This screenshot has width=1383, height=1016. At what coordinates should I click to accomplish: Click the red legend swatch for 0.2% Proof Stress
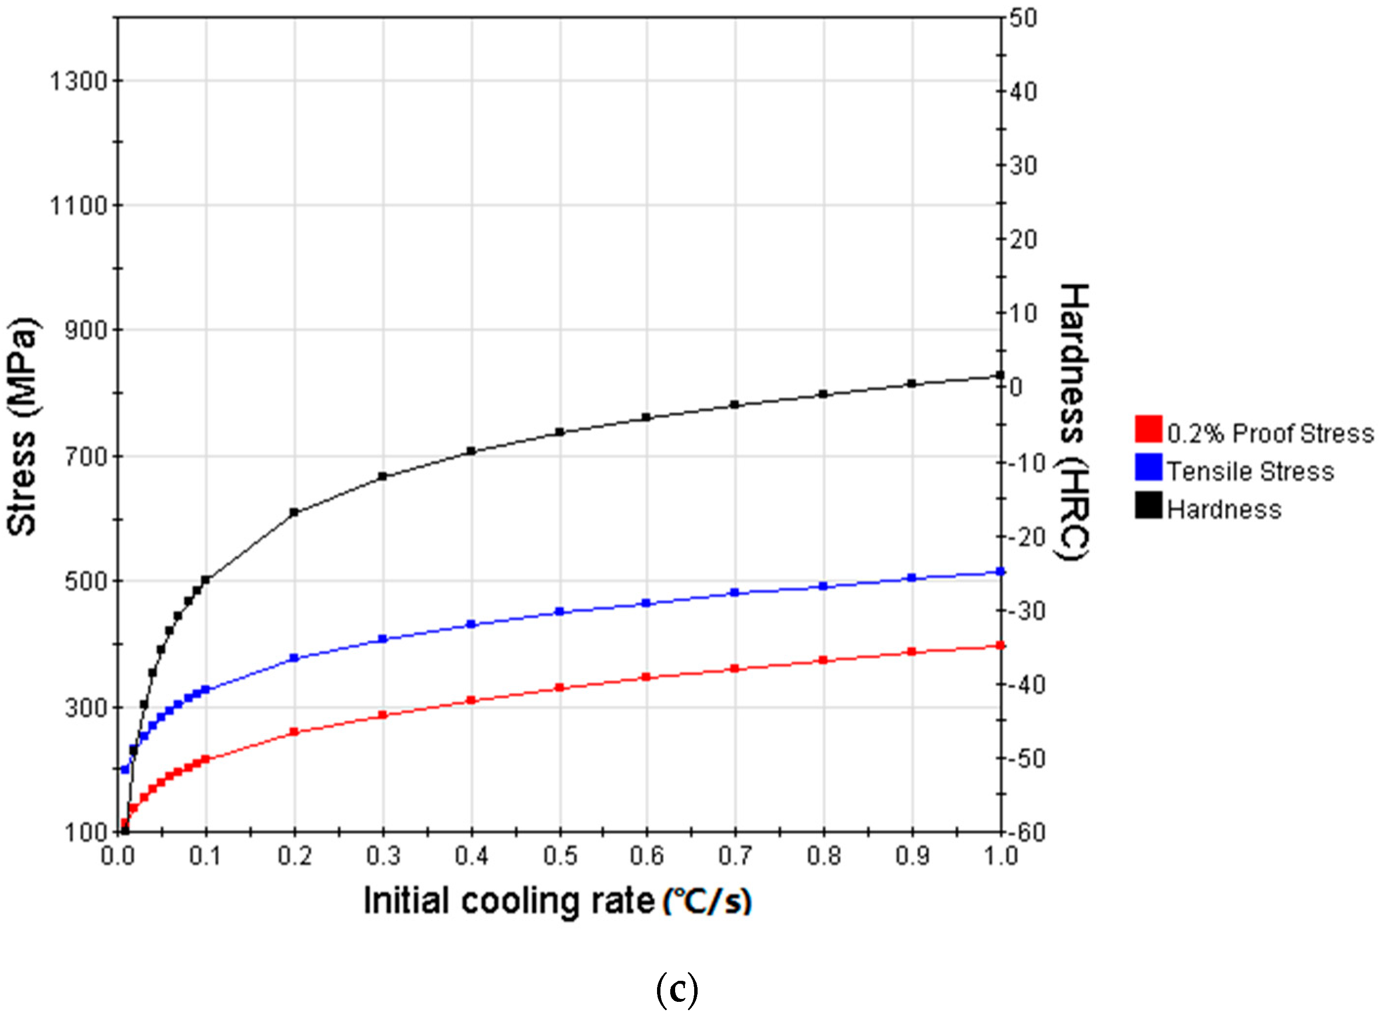click(1148, 429)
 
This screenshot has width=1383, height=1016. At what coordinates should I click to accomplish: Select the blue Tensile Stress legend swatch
click(1148, 467)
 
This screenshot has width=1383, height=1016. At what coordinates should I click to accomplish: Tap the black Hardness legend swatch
click(1148, 505)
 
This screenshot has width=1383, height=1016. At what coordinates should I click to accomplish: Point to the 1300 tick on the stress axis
click(78, 81)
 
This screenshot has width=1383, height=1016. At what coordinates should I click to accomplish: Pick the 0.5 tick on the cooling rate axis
click(560, 856)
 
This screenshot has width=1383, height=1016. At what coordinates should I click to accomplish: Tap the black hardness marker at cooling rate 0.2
click(294, 512)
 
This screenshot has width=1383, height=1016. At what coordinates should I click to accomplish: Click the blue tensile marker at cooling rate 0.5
click(560, 611)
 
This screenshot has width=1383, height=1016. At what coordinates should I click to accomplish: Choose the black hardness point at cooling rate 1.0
click(1000, 375)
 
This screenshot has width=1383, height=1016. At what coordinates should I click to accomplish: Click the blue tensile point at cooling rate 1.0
click(1000, 571)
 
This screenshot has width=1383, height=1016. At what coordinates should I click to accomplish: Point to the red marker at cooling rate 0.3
click(383, 714)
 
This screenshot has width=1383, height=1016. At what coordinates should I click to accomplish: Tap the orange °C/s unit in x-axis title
click(707, 902)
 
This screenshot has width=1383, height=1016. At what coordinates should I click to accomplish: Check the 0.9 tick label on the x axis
click(912, 856)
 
